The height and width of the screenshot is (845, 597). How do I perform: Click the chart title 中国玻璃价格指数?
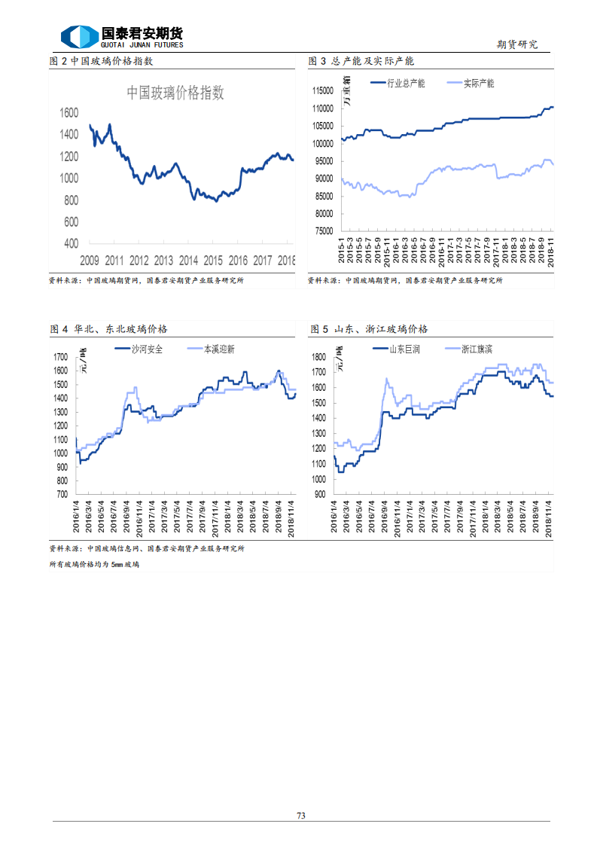[175, 93]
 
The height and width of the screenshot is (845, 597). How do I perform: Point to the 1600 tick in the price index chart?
[69, 113]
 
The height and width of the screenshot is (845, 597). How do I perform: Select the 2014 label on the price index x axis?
[188, 261]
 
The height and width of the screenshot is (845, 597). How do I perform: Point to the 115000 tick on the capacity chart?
[322, 90]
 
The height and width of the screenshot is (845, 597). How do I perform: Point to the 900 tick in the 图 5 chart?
[320, 495]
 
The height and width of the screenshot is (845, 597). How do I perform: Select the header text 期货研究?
[518, 45]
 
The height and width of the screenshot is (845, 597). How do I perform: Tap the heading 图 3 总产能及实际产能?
[362, 61]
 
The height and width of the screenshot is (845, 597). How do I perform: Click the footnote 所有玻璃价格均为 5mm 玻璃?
[94, 564]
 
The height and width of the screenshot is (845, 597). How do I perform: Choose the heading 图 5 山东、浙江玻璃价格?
[369, 329]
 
